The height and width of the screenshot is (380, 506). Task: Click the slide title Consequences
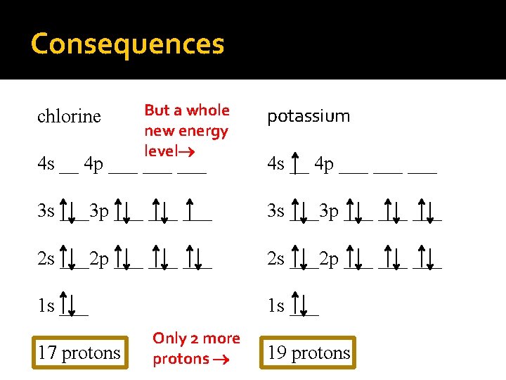[127, 44]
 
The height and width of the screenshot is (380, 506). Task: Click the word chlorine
[69, 116]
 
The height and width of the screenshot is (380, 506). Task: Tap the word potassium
[309, 116]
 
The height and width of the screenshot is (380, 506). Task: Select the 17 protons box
[79, 353]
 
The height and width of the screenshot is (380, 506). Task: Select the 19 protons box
[309, 353]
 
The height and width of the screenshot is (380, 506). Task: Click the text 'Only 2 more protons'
[196, 348]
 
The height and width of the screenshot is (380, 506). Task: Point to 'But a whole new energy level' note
[186, 130]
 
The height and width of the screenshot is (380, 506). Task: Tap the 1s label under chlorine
[46, 306]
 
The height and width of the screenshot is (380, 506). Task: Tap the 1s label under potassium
[275, 306]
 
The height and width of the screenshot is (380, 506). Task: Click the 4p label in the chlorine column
[93, 165]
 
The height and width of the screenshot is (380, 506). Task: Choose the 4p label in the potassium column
[324, 165]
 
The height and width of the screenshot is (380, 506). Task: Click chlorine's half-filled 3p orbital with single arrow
[197, 210]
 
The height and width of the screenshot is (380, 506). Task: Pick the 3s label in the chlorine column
[46, 211]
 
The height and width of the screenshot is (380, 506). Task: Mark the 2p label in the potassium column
[328, 259]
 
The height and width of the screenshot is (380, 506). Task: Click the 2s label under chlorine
[46, 259]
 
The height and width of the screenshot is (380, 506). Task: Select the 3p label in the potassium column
[328, 211]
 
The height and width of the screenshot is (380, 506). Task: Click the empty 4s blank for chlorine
[69, 169]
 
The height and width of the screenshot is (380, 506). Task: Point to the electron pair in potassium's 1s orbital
[304, 305]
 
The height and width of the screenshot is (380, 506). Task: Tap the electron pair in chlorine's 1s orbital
[73, 305]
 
